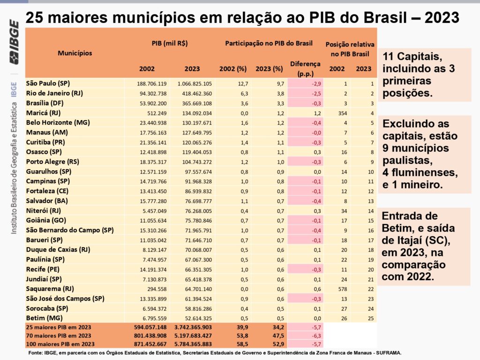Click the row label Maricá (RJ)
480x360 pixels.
click(43, 113)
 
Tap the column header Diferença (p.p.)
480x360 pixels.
click(305, 68)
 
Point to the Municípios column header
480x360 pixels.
click(75, 53)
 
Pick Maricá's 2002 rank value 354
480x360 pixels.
click(338, 113)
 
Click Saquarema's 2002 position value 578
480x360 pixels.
click(338, 289)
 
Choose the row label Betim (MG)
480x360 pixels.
click(42, 318)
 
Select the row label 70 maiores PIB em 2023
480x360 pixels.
click(59, 335)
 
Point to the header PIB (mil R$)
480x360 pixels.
click(170, 43)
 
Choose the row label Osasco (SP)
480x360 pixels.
click(44, 152)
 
